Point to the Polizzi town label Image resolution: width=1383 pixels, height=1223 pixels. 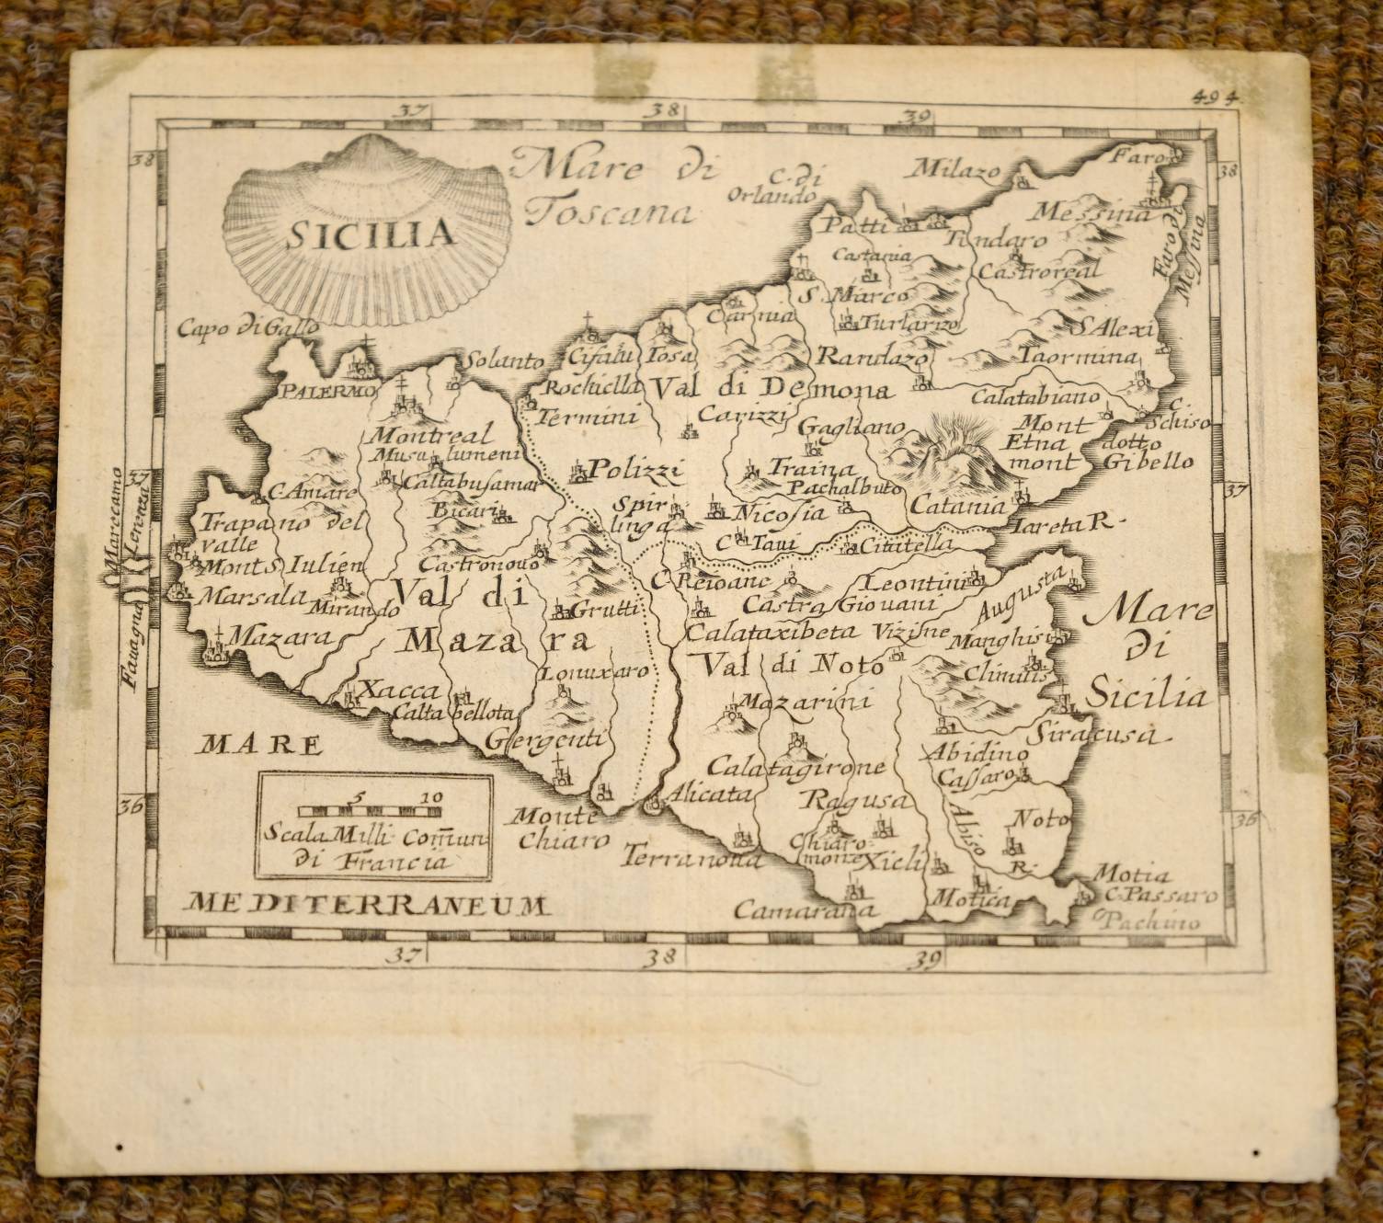click(x=635, y=472)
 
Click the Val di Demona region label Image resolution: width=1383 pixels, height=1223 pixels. click(x=772, y=389)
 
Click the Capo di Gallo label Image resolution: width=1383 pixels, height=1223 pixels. click(x=249, y=326)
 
